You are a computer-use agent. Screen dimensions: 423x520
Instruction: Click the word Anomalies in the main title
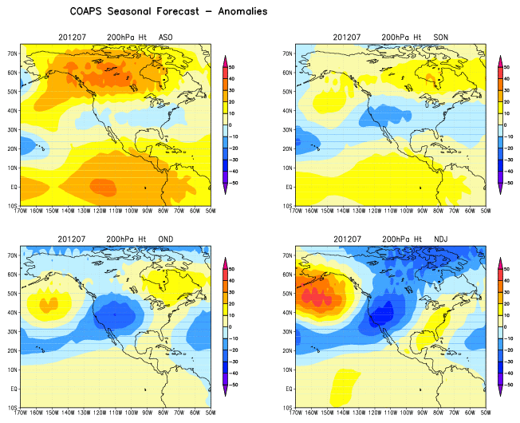click(239, 12)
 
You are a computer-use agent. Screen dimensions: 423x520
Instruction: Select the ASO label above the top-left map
click(166, 38)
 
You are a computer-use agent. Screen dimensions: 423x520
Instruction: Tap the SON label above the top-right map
click(440, 38)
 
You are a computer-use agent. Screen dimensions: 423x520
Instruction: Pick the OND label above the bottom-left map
click(166, 239)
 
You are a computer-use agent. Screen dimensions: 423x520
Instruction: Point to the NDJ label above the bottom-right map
click(440, 239)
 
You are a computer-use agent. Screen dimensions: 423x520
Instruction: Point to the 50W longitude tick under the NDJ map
click(484, 414)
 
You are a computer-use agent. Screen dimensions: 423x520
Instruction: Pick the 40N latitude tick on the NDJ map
click(287, 311)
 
